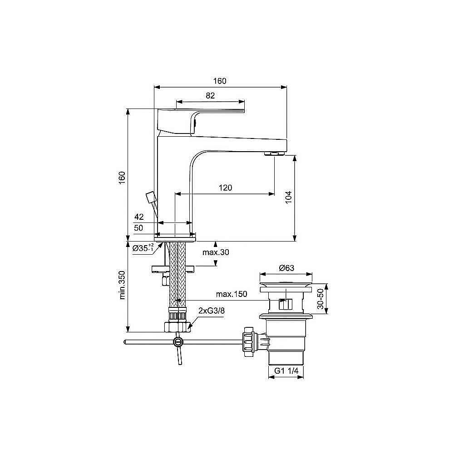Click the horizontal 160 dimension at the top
pos(220,81)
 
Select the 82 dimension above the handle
pos(210,95)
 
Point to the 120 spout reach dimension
pos(226,188)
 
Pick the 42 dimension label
pos(139,217)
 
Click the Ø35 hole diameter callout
pos(143,248)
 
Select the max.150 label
pos(231,294)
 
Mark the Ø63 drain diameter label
pos(286,268)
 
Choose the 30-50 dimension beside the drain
pos(321,300)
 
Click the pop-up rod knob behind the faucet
pos(150,198)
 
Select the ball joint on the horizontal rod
pos(178,342)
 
